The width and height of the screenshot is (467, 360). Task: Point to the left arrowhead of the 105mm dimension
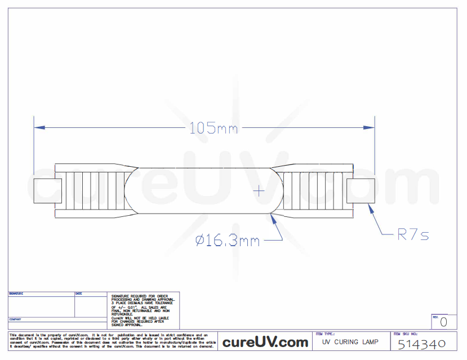tap(37, 128)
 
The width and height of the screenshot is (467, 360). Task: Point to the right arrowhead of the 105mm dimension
tap(371, 128)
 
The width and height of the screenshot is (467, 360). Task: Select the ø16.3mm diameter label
tap(228, 241)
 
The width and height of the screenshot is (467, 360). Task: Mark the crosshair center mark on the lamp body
tap(259, 191)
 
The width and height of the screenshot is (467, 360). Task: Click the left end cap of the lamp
tap(48, 191)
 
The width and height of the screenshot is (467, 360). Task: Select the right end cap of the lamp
tap(361, 191)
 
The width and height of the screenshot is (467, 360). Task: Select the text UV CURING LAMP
tap(350, 342)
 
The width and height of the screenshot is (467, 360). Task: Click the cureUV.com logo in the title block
tap(265, 342)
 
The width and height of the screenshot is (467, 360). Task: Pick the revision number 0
tap(443, 322)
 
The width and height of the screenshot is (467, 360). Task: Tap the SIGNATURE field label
tap(16, 294)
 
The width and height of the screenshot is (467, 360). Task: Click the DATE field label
tap(79, 294)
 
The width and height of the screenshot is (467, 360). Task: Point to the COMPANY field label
tap(15, 319)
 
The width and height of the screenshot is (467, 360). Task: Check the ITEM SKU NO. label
tap(405, 334)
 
